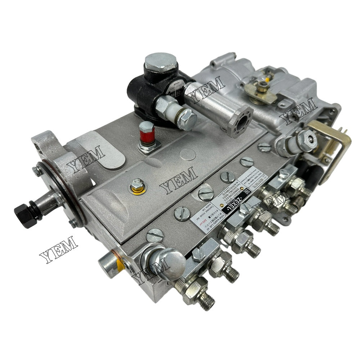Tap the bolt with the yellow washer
tap(136, 185)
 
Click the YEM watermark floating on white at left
tap(58, 249)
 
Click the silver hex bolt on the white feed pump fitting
tap(186, 118)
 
